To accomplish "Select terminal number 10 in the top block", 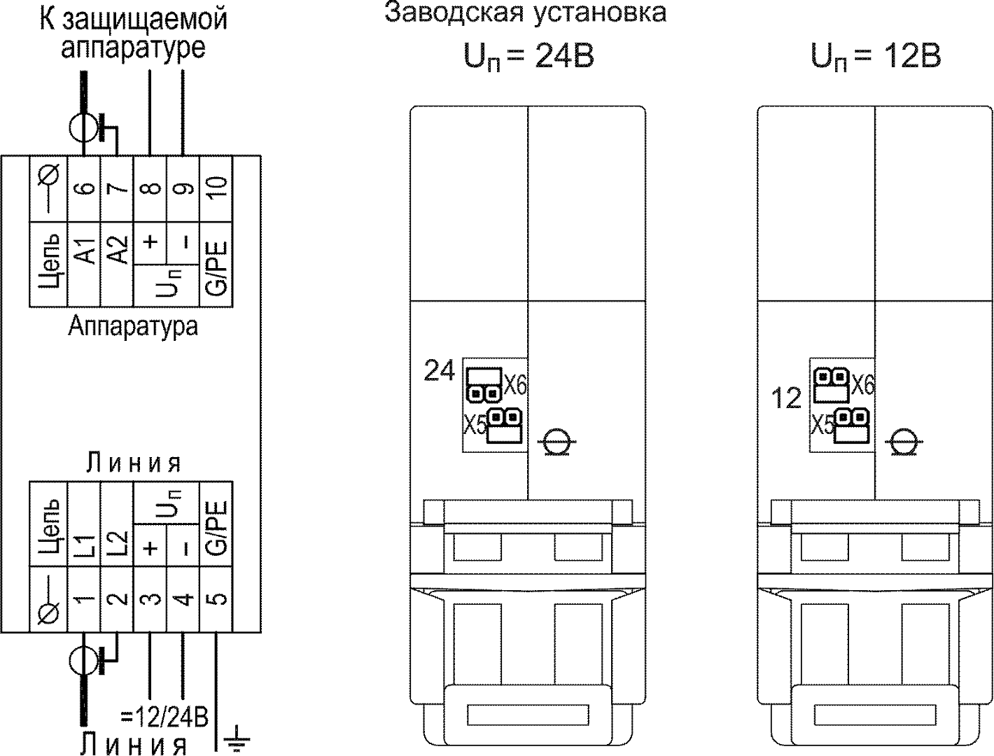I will click(x=217, y=188).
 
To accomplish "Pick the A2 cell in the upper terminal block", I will click(x=117, y=251).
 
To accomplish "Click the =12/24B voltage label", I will click(x=164, y=717).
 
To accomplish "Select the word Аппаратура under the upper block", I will click(x=133, y=326).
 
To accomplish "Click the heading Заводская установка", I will click(x=525, y=13).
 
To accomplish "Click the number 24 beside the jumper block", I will click(x=440, y=371).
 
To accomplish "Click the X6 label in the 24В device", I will click(x=515, y=384).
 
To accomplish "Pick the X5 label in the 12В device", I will click(x=822, y=425).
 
